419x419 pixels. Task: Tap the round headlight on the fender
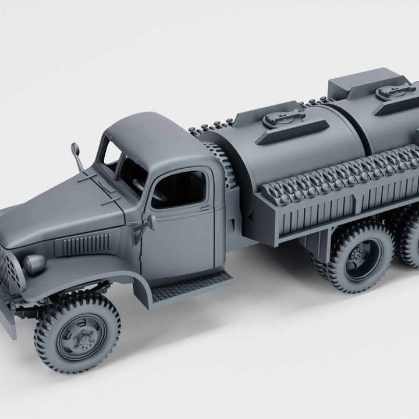point(34,264)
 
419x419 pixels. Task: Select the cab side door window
point(178,189)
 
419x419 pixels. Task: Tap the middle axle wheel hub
point(357,255)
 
